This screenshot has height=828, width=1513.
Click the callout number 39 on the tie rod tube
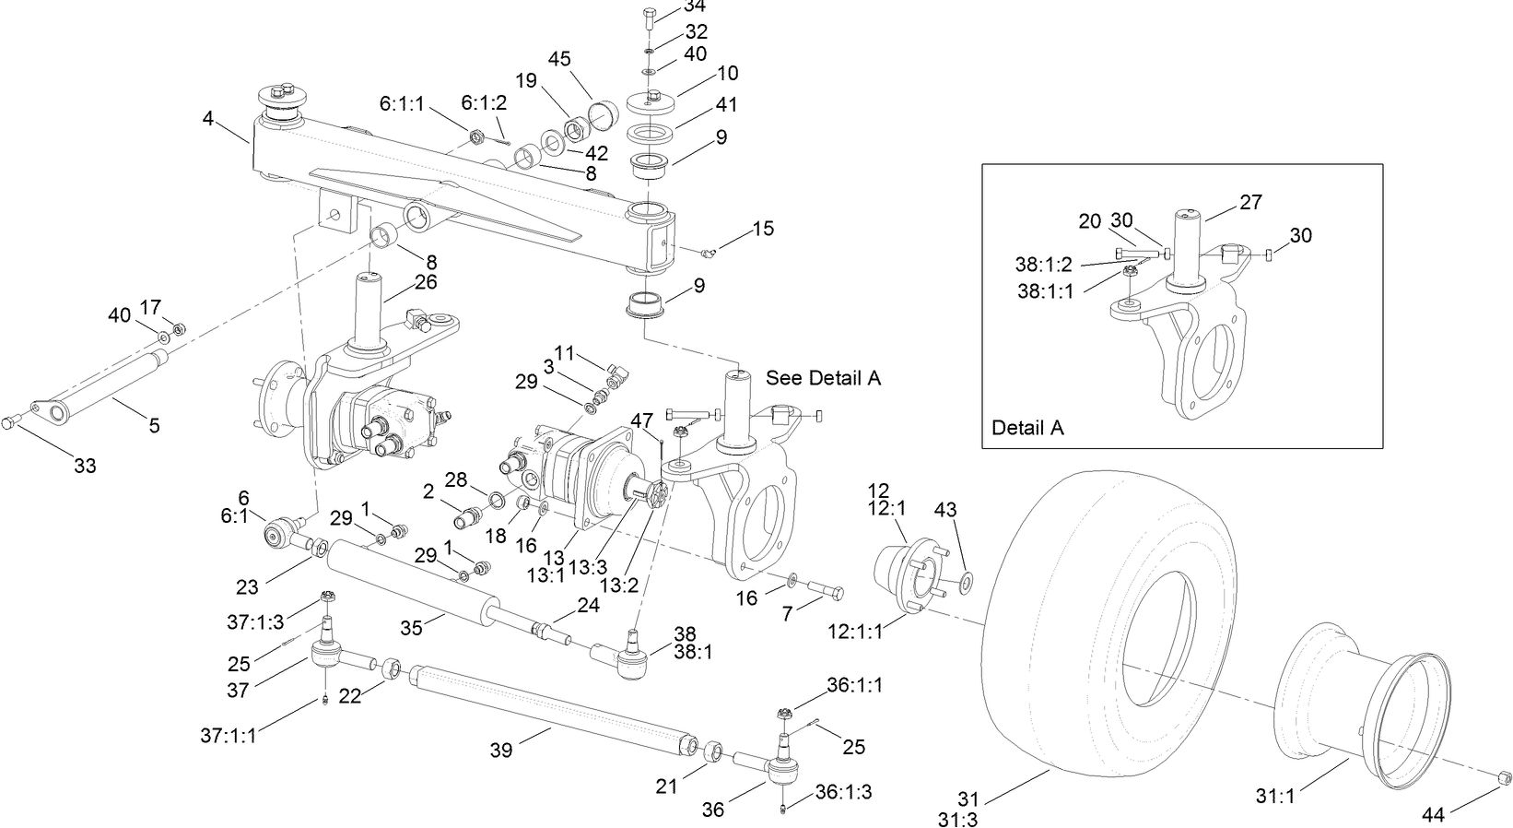(501, 751)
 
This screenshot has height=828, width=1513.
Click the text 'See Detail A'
(823, 378)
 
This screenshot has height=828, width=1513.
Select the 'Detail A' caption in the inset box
(1027, 428)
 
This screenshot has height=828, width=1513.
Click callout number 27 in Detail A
(1250, 202)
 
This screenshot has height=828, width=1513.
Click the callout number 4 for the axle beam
(208, 118)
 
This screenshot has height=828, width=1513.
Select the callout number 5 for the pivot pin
(154, 425)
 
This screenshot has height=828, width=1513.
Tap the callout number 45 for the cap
(559, 59)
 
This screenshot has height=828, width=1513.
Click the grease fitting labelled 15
(708, 251)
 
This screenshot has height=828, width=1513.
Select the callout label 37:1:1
(229, 735)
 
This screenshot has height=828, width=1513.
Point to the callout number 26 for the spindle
(426, 282)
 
